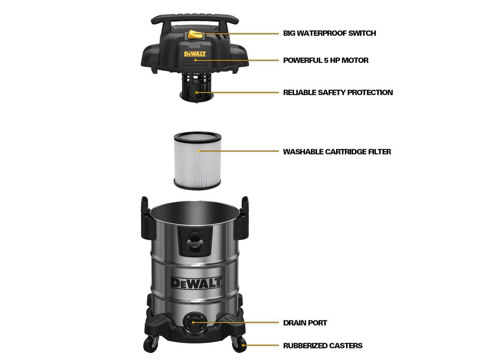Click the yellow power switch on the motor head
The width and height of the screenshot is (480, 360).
click(195, 35)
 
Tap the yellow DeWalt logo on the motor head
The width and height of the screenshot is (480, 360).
click(195, 54)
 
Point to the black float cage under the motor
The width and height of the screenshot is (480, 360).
click(196, 87)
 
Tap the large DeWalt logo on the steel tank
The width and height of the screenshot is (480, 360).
click(196, 282)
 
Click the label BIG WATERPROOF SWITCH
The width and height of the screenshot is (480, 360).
click(329, 33)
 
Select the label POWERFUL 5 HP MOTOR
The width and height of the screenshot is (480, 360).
click(325, 60)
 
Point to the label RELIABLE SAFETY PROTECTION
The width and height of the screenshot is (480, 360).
click(337, 93)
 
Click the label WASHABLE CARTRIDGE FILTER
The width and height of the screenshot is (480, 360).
click(337, 152)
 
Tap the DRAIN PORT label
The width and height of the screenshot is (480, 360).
click(305, 323)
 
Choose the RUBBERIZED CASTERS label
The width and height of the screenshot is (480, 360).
click(322, 346)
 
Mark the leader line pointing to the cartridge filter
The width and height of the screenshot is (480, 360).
click(240, 151)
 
